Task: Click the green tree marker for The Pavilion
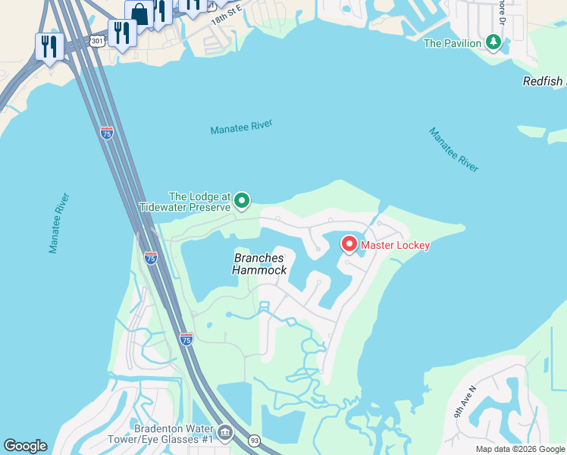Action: point(495,41)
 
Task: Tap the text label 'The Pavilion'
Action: point(453,43)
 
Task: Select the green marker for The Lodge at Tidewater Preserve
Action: point(242,200)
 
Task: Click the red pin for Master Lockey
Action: point(349,244)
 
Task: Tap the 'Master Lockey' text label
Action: point(395,245)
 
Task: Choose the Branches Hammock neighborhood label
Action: point(259,264)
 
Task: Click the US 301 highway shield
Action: point(96,41)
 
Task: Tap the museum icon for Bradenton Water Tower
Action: point(225,433)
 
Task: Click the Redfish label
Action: point(544,81)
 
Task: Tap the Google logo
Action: point(25,446)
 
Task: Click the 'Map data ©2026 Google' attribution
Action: point(520,449)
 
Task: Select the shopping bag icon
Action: point(140,14)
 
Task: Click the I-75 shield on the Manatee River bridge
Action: point(107,133)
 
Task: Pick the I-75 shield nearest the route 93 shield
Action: point(186,338)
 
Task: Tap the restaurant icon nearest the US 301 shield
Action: point(121,33)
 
